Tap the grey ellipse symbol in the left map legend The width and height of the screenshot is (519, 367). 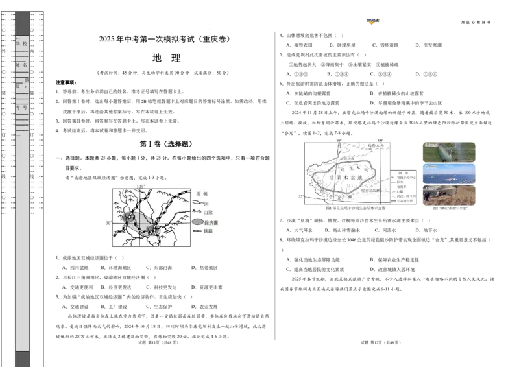click(x=198, y=222)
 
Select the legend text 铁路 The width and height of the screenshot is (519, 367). click(x=209, y=230)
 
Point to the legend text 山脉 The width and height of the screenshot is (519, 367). click(x=209, y=212)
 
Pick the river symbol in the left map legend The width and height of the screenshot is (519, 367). click(x=198, y=203)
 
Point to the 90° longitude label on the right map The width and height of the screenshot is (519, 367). click(x=381, y=140)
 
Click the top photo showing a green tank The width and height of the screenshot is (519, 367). click(x=449, y=151)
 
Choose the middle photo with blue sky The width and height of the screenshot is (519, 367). click(x=449, y=173)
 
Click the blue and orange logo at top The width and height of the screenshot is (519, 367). click(x=373, y=21)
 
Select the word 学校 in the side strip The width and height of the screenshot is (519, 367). click(x=22, y=44)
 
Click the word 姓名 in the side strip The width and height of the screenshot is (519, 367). click(x=22, y=65)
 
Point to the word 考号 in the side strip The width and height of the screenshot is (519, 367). click(x=22, y=108)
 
